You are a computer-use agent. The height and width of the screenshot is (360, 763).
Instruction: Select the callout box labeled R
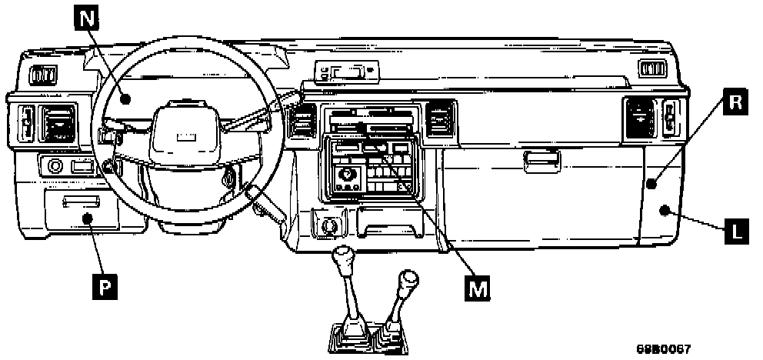click(x=735, y=103)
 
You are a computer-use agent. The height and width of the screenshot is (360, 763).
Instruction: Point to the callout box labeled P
click(x=105, y=286)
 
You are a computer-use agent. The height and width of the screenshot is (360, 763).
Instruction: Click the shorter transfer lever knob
click(x=408, y=278)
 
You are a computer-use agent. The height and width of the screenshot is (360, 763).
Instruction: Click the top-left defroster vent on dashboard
click(x=42, y=75)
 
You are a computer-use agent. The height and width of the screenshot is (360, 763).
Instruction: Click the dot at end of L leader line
click(x=663, y=210)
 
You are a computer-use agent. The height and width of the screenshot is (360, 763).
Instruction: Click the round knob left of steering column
click(x=55, y=165)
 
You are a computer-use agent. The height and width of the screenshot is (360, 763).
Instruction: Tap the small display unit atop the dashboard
click(x=345, y=73)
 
